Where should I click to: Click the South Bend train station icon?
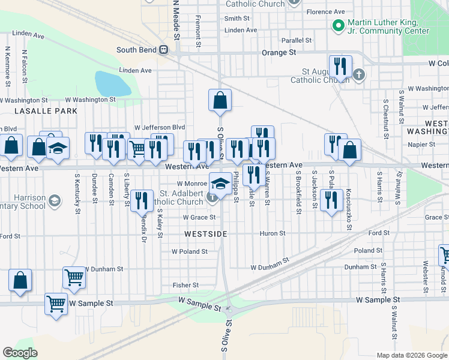coord(163,50)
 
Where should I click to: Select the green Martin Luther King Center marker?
coord(338,26)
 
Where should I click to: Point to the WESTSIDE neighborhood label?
coord(205,234)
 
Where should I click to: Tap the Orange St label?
coord(279,53)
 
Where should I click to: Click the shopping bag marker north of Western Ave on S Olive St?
coord(220,100)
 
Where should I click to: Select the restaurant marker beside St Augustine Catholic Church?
coord(340,66)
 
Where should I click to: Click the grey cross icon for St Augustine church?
coord(359,75)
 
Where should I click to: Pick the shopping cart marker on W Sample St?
coord(56,304)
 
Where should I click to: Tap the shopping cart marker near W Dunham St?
coord(74,278)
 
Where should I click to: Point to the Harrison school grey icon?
coord(55,200)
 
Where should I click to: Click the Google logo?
coord(20,353)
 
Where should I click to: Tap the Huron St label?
coord(273,233)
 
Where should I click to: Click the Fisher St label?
coord(185,285)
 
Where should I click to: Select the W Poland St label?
coord(190,251)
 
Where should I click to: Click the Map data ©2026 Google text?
coord(411,355)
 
